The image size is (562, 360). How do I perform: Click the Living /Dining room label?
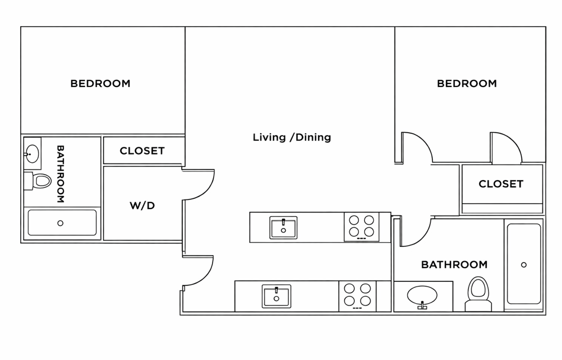pyautogui.click(x=292, y=137)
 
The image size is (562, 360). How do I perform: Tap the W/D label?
pyautogui.click(x=142, y=205)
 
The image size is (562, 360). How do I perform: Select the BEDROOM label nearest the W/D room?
pyautogui.click(x=100, y=83)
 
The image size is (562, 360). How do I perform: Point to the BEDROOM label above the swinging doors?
pyautogui.click(x=467, y=83)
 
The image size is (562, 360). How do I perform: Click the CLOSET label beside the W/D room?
pyautogui.click(x=142, y=151)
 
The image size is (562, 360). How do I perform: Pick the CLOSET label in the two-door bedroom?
pyautogui.click(x=501, y=184)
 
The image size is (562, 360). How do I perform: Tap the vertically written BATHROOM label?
pyautogui.click(x=60, y=173)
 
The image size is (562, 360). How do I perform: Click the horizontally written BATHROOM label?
pyautogui.click(x=454, y=265)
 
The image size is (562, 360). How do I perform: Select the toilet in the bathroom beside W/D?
pyautogui.click(x=37, y=181)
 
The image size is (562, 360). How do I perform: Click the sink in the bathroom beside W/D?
pyautogui.click(x=32, y=154)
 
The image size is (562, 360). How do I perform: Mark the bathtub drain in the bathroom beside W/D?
pyautogui.click(x=60, y=223)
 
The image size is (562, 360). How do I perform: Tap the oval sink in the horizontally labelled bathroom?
pyautogui.click(x=422, y=296)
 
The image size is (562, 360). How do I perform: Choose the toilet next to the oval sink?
pyautogui.click(x=478, y=294)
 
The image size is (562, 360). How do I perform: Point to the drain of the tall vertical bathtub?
pyautogui.click(x=524, y=265)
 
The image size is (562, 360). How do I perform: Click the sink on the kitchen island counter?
pyautogui.click(x=283, y=227)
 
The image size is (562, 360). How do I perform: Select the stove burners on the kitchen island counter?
pyautogui.click(x=361, y=227)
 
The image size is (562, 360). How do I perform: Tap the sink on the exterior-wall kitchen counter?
pyautogui.click(x=277, y=296)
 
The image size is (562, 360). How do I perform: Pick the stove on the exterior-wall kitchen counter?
pyautogui.click(x=357, y=296)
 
